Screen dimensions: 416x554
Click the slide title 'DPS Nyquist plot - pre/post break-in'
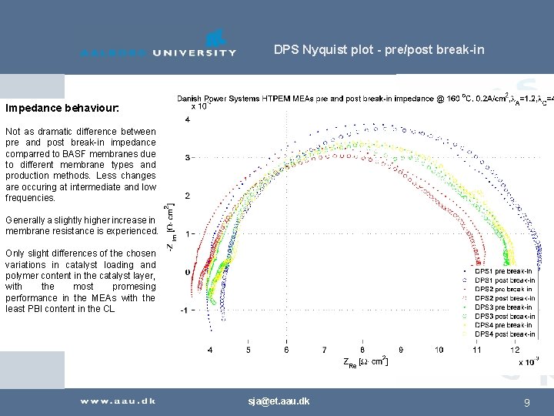379,50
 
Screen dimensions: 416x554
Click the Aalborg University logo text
159,52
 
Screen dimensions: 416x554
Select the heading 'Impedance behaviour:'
62,109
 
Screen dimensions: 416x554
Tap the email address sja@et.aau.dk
279,401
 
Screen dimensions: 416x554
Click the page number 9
526,402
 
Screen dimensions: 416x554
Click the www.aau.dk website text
118,401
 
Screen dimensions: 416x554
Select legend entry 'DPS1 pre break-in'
504,271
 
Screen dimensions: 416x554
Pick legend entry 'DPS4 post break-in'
504,334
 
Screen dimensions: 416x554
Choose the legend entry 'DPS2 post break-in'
504,298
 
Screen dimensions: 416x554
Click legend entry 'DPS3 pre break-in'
504,307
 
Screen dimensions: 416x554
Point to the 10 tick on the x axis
439,350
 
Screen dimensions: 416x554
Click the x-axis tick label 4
211,350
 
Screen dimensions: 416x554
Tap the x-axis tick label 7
325,350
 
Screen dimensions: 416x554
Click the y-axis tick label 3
188,157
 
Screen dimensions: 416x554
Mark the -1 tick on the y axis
185,310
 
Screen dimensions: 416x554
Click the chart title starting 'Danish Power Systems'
362,99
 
